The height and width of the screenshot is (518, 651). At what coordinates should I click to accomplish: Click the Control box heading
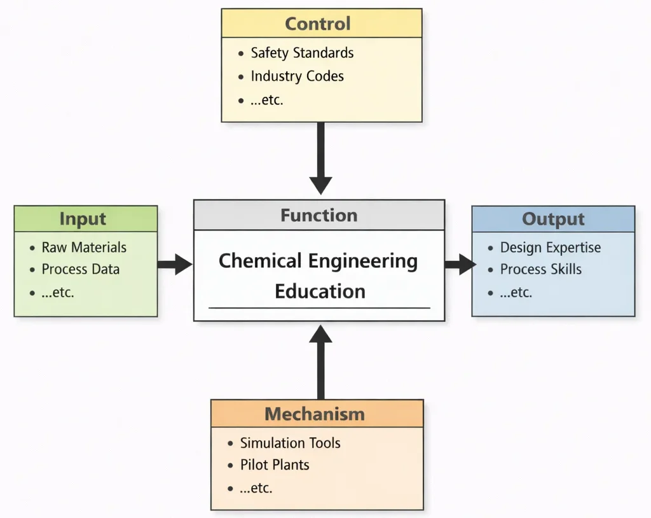pos(317,24)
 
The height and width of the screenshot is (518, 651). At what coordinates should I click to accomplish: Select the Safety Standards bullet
pos(302,53)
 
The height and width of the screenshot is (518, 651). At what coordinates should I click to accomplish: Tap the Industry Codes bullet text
pos(297,76)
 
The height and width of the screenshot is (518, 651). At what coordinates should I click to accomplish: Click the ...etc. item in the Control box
pos(266,100)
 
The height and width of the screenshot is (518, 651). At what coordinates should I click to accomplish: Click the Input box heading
pos(83,219)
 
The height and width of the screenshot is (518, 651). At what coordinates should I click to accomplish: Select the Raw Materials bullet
pos(84,248)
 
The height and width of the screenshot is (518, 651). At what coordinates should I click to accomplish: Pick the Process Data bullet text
pos(80,269)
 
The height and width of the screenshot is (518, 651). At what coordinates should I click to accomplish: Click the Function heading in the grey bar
pos(319,215)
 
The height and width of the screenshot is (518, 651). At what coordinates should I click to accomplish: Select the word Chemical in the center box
pos(260,261)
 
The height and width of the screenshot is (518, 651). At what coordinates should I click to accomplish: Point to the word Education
pos(320,291)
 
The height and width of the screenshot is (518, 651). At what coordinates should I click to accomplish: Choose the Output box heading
pos(553,220)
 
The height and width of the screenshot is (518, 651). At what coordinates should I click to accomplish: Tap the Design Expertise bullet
pos(550,248)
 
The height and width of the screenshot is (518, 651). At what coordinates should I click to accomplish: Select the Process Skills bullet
pos(540,269)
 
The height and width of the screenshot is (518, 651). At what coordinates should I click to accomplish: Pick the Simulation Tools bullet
pos(290,443)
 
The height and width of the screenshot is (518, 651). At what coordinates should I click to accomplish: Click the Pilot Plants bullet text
pos(275,465)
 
